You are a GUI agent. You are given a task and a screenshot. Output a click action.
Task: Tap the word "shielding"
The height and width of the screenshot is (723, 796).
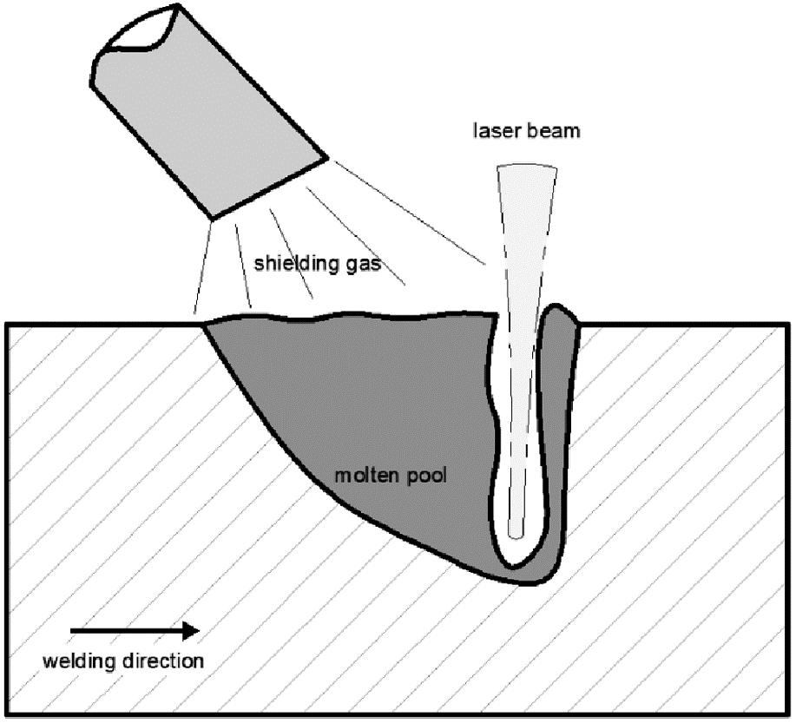click(290, 263)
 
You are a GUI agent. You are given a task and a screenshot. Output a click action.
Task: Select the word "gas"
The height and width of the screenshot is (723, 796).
click(364, 264)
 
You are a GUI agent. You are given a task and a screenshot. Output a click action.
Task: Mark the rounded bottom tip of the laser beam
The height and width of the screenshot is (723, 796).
click(519, 530)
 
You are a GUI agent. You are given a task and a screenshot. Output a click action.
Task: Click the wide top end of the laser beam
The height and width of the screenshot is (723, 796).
click(527, 170)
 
